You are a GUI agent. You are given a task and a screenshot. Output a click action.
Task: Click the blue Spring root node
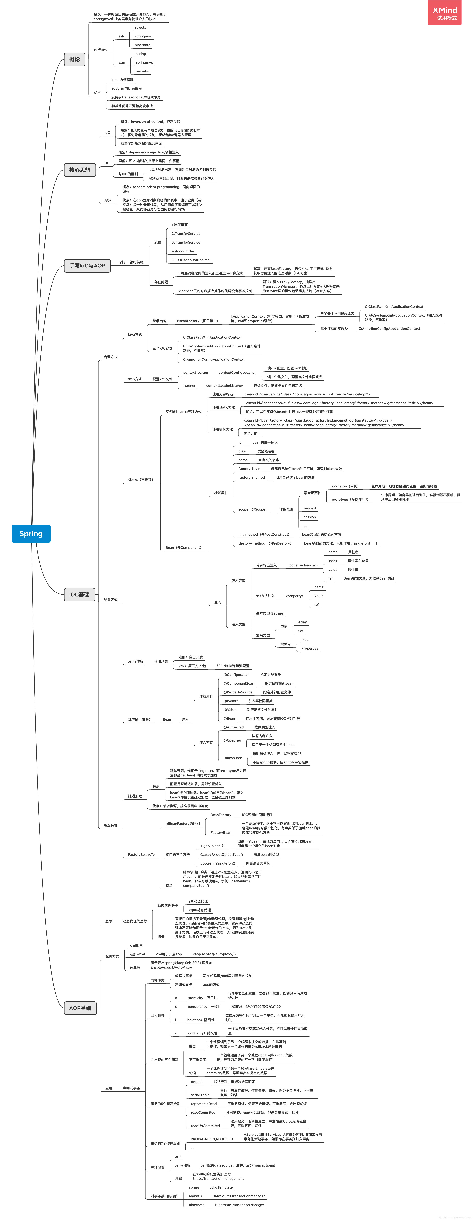[x=31, y=534]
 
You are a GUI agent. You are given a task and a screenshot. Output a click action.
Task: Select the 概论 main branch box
[x=74, y=59]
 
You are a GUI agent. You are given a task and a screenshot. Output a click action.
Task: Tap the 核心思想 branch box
[x=80, y=170]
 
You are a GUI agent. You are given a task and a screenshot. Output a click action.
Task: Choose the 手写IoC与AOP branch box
[x=87, y=266]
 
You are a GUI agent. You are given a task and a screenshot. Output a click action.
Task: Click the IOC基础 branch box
[x=79, y=594]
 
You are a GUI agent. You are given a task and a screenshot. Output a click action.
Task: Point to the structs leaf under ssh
[x=140, y=27]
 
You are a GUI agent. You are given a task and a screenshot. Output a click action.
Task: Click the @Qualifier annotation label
[x=232, y=740]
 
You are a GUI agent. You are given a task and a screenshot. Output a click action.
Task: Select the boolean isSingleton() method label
[x=218, y=863]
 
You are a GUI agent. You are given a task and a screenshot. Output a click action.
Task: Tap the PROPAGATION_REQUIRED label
[x=212, y=1139]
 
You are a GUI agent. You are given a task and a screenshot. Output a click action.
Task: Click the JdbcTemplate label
[x=221, y=1187]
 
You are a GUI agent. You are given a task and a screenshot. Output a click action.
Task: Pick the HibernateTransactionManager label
[x=239, y=1205]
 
